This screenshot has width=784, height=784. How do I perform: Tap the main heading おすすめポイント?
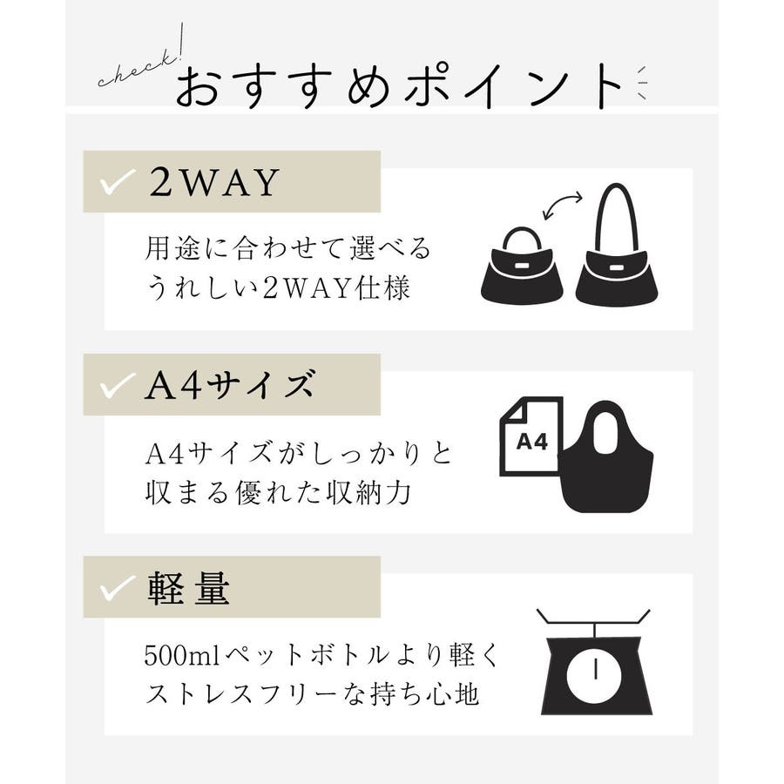(x=399, y=85)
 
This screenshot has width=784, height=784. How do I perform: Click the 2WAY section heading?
(x=214, y=182)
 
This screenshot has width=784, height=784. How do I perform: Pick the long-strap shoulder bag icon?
(x=617, y=244)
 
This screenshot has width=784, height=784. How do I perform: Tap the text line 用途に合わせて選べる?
(x=287, y=248)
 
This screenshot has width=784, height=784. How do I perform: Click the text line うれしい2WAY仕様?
(x=278, y=288)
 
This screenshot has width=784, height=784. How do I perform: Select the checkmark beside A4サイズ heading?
(x=117, y=386)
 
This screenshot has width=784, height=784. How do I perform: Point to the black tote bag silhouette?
(x=607, y=456)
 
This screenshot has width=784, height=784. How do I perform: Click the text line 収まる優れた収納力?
(x=278, y=492)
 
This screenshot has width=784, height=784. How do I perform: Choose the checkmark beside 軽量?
(x=117, y=588)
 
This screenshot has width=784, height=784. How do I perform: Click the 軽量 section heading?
(x=188, y=589)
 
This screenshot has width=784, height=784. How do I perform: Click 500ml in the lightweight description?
(x=182, y=655)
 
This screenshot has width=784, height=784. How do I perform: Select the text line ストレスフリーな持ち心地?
(x=312, y=694)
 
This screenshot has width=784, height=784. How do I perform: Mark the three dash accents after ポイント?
(x=641, y=83)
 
